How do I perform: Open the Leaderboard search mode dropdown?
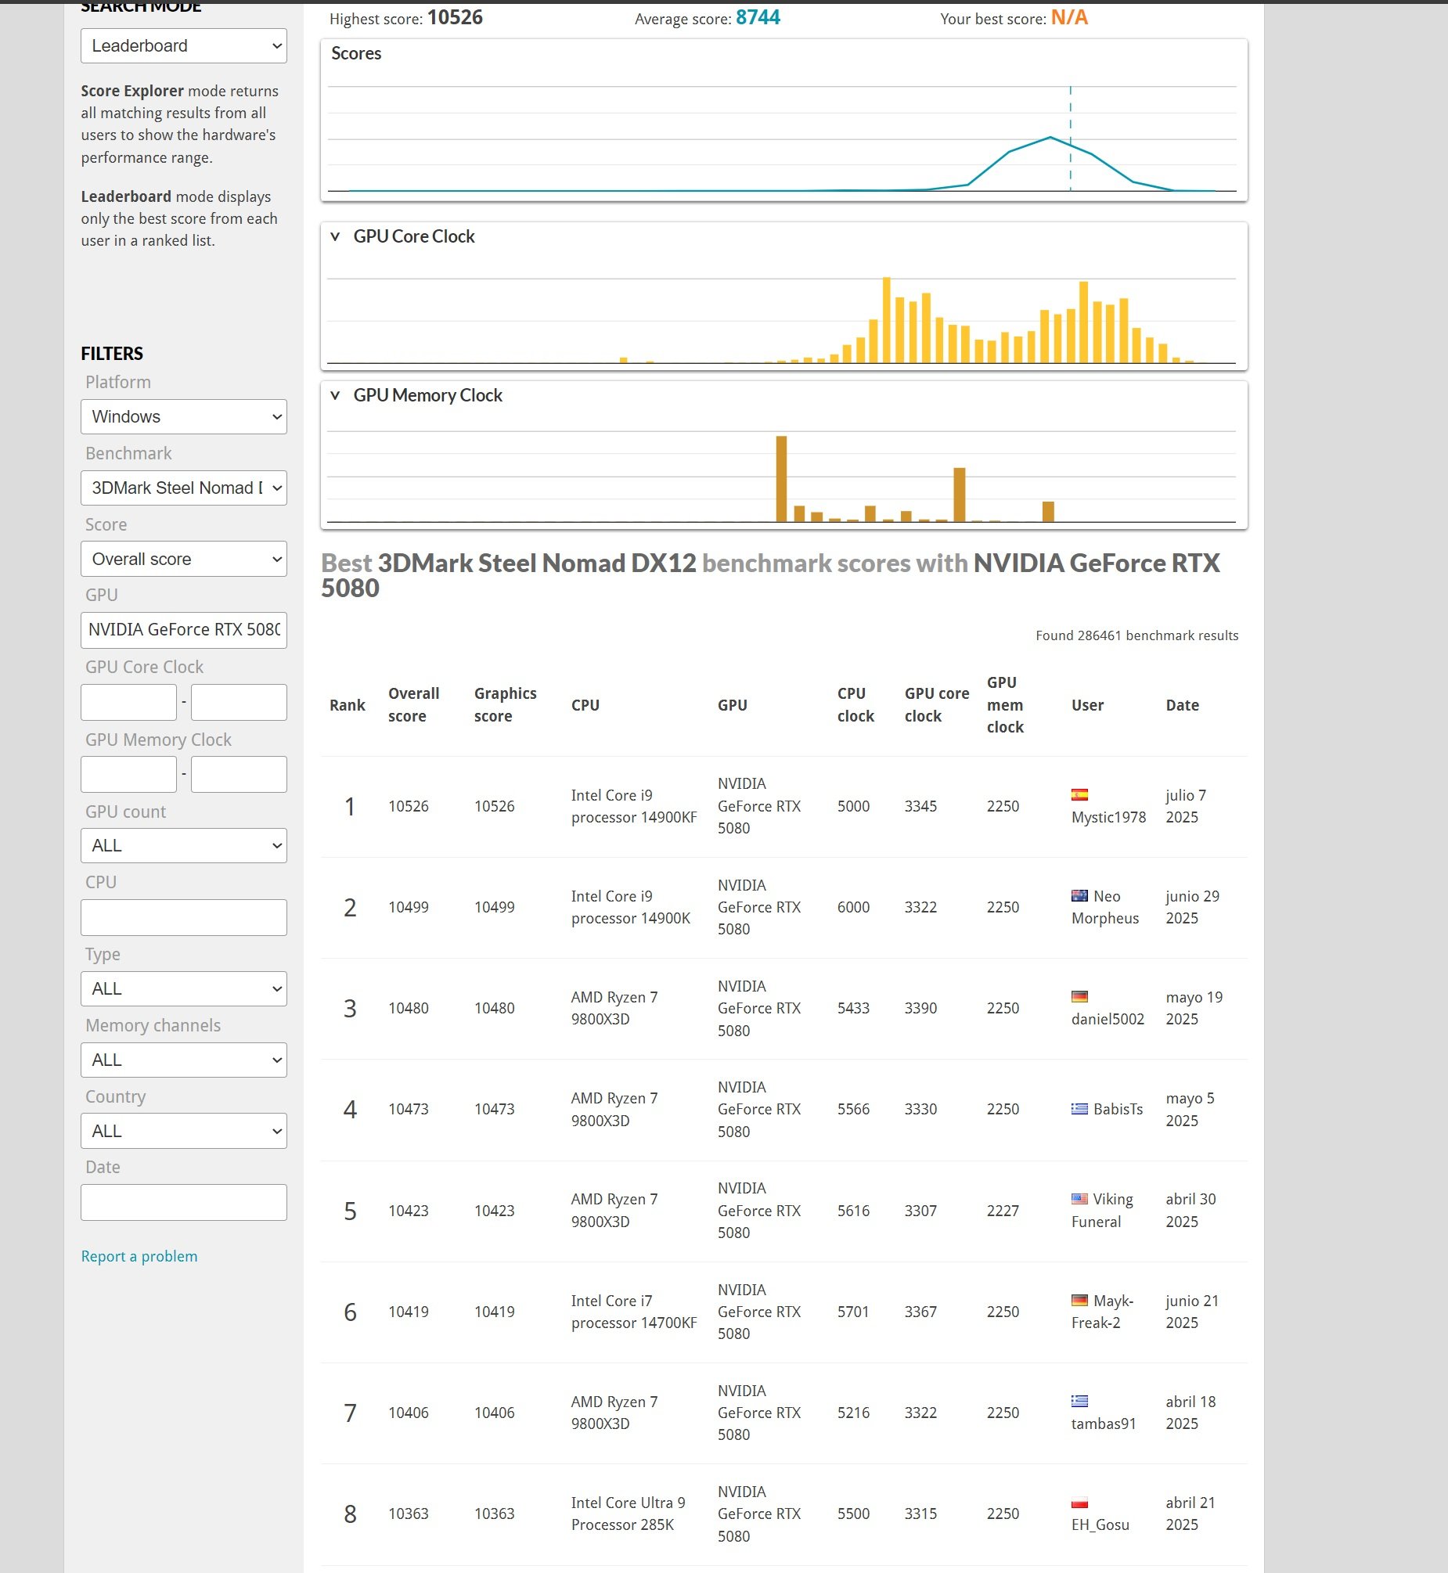183,46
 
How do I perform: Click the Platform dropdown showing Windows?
183,417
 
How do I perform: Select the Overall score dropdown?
183,560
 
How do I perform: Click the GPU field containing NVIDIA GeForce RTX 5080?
183,630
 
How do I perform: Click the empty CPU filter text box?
183,917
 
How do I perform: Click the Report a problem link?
139,1257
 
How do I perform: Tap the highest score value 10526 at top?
455,18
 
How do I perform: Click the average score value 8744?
758,18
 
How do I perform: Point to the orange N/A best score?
1068,18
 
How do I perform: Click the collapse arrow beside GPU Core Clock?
335,236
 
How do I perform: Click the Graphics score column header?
505,705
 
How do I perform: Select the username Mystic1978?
1108,818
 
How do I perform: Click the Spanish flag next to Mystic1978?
1079,795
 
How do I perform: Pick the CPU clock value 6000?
853,907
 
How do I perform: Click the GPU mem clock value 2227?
1002,1211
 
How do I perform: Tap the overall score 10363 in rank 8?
409,1514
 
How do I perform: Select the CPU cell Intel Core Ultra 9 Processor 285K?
628,1514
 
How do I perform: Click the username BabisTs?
1118,1109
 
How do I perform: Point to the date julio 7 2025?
1185,807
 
